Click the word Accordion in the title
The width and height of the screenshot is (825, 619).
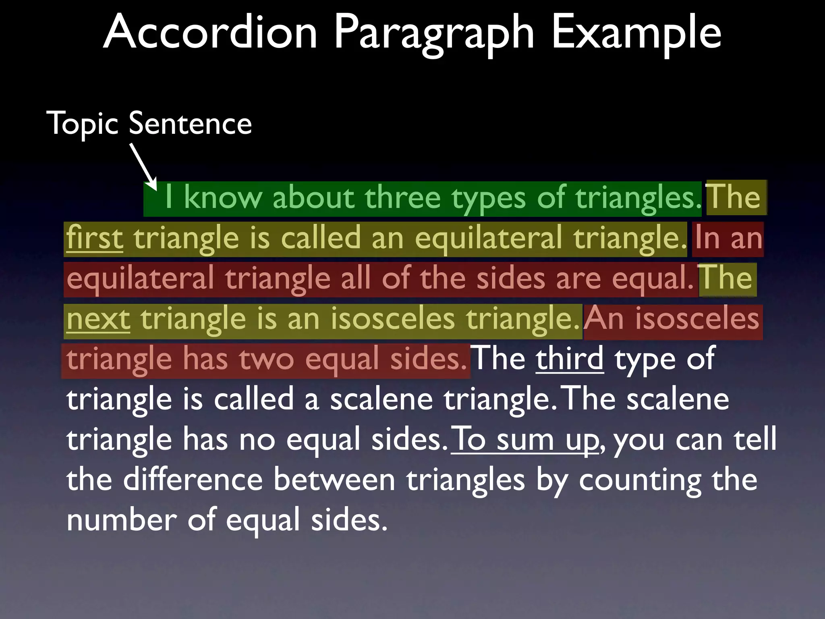(210, 32)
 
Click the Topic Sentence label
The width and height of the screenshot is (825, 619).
(149, 123)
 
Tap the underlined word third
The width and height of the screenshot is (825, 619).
(570, 359)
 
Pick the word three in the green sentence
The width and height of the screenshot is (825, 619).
(402, 198)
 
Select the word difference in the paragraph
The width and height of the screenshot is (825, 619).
(193, 480)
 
